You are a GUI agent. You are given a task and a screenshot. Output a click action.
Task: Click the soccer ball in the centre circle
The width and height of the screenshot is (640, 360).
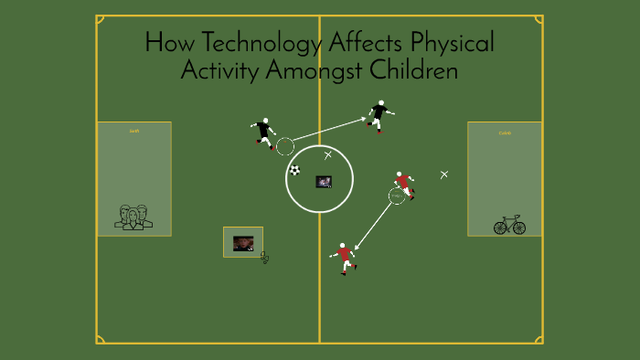[294, 170]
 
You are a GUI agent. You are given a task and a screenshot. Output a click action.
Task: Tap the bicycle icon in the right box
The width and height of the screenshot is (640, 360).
[509, 225]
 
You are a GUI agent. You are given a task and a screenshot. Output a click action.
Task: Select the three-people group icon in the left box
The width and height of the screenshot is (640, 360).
[133, 217]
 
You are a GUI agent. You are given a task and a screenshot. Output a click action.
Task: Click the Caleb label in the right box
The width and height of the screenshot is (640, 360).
[505, 133]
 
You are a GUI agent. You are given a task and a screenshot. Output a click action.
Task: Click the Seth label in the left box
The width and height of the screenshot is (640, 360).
[133, 132]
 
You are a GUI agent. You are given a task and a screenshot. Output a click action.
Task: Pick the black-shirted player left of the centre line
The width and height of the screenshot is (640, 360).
[264, 132]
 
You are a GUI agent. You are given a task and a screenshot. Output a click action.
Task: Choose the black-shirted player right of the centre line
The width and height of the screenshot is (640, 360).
[379, 115]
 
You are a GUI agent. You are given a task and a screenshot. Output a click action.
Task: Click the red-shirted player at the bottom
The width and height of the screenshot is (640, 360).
[344, 257]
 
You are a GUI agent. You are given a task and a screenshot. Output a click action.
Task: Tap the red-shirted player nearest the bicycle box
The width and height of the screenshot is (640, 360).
[403, 184]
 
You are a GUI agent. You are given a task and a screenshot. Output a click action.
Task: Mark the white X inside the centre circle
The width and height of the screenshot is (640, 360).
[328, 155]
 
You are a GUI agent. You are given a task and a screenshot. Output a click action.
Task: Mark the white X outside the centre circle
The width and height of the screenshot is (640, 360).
[444, 175]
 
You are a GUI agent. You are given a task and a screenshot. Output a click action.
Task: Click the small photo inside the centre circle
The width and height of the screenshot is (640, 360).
[324, 182]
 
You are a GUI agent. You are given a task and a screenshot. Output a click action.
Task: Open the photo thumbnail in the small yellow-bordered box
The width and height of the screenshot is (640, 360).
[243, 243]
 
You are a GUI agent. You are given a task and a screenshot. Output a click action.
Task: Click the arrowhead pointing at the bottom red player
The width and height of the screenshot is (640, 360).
[357, 247]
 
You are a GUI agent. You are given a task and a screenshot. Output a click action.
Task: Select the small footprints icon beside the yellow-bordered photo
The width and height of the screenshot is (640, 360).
[265, 258]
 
